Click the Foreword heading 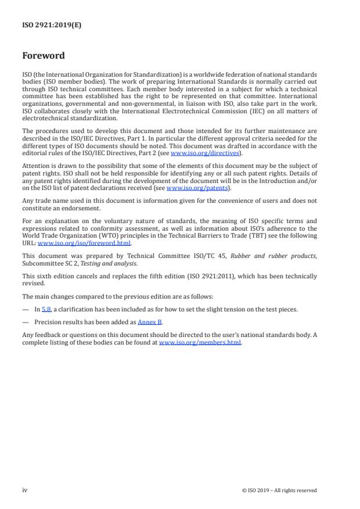coord(44,56)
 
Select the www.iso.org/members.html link coord(200,342)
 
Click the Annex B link coord(150,321)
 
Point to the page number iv coord(25,490)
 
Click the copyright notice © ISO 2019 coord(279,490)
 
